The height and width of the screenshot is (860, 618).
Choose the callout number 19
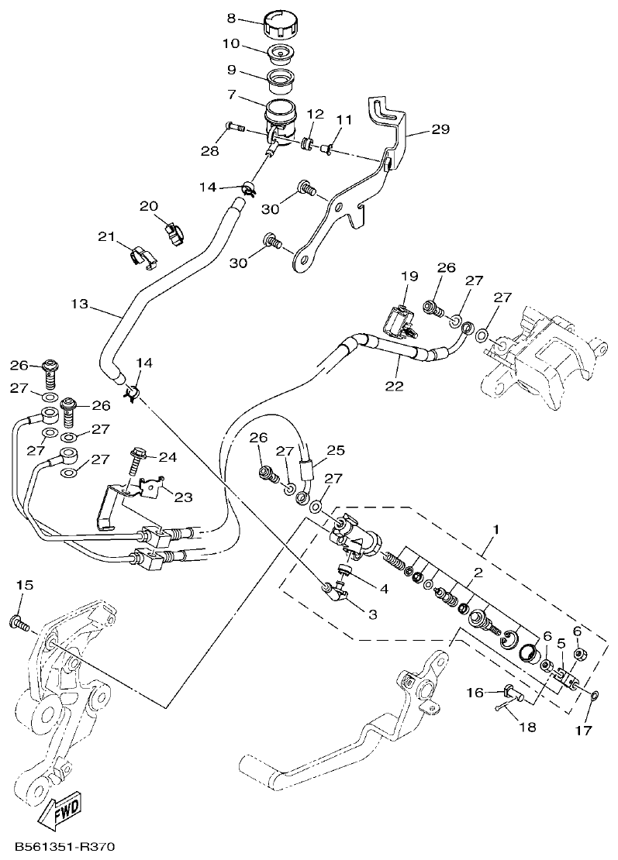[409, 276]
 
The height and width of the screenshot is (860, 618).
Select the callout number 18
[527, 727]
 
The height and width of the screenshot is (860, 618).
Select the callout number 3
[372, 614]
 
